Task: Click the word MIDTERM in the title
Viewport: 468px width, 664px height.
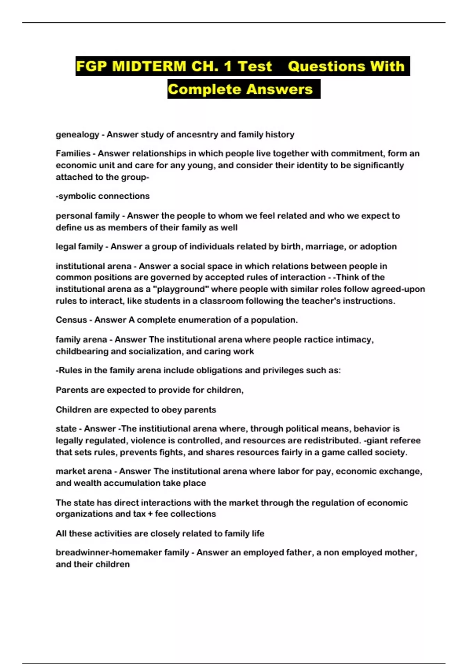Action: pyautogui.click(x=149, y=66)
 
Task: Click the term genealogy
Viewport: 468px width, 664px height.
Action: pyautogui.click(x=77, y=135)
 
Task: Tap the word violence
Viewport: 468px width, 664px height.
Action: pyautogui.click(x=148, y=441)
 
